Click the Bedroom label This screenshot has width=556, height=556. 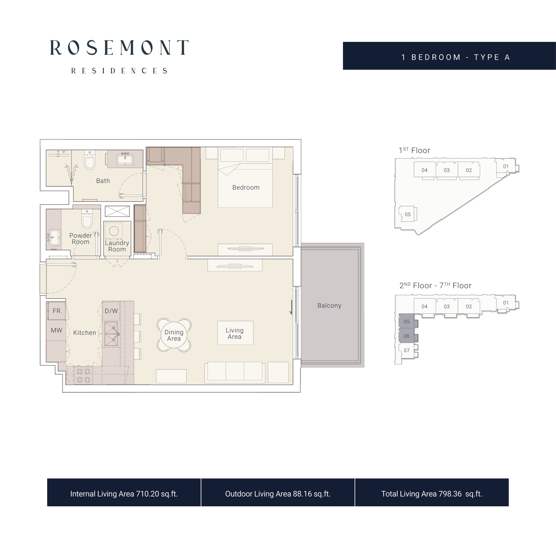246,188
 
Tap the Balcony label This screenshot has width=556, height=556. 329,306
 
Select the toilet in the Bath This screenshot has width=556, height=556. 90,160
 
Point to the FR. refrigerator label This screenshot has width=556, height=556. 57,311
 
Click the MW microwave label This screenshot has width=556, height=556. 56,330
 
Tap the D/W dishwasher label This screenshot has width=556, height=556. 111,311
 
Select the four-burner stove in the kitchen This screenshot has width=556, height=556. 83,375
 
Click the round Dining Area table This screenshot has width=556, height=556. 174,335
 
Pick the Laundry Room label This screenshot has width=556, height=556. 117,246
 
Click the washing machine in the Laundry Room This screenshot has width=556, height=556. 113,231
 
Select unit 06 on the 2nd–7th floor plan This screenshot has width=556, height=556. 407,336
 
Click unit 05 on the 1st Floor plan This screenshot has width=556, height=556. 407,214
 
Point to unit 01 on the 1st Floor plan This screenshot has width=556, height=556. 506,166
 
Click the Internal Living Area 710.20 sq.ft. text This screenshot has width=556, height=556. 124,494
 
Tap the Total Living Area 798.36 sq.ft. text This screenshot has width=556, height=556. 432,494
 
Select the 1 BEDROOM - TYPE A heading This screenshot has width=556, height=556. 456,57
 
